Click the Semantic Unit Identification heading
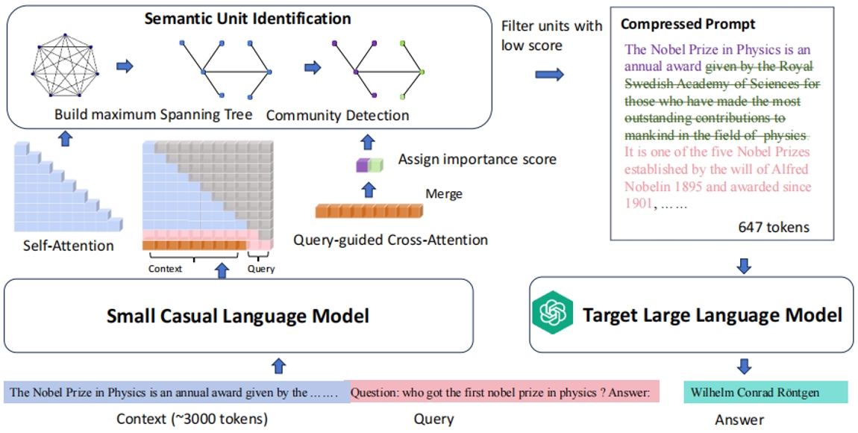click(247, 17)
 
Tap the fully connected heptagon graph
click(66, 66)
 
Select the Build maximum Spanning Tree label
click(153, 115)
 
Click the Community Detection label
click(337, 115)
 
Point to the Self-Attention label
click(69, 245)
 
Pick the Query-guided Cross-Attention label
click(391, 240)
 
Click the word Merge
click(444, 194)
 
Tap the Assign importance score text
click(477, 159)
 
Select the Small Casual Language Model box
click(239, 316)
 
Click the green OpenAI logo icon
click(551, 314)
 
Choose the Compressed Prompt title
click(677, 25)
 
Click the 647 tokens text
click(774, 227)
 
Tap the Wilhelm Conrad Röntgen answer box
click(765, 392)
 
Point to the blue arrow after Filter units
click(550, 75)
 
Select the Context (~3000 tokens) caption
click(192, 419)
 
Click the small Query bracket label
click(260, 269)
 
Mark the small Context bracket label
click(166, 269)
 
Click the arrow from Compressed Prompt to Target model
click(744, 266)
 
